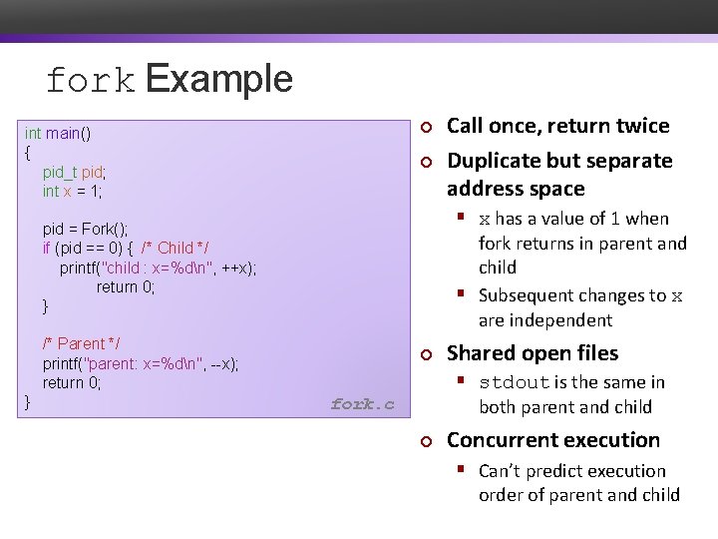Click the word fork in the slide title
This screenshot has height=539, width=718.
click(x=90, y=81)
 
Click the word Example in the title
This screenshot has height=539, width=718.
click(x=219, y=79)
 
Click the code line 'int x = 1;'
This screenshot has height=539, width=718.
click(x=72, y=191)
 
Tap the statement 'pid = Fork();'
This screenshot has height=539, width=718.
click(x=85, y=229)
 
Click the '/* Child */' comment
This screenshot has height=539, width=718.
click(x=176, y=248)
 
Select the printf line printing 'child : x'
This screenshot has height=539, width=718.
click(x=158, y=267)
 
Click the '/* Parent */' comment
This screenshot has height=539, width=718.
click(x=82, y=343)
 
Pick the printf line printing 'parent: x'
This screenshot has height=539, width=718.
click(x=140, y=363)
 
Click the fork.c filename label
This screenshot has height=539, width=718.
click(x=362, y=404)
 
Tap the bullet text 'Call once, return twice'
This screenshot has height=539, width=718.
click(x=557, y=126)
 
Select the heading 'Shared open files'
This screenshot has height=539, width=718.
click(x=533, y=353)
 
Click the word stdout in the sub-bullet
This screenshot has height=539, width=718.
click(x=515, y=382)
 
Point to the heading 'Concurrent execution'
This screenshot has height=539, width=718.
click(x=553, y=440)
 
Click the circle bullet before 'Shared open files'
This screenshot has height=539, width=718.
click(x=424, y=354)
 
